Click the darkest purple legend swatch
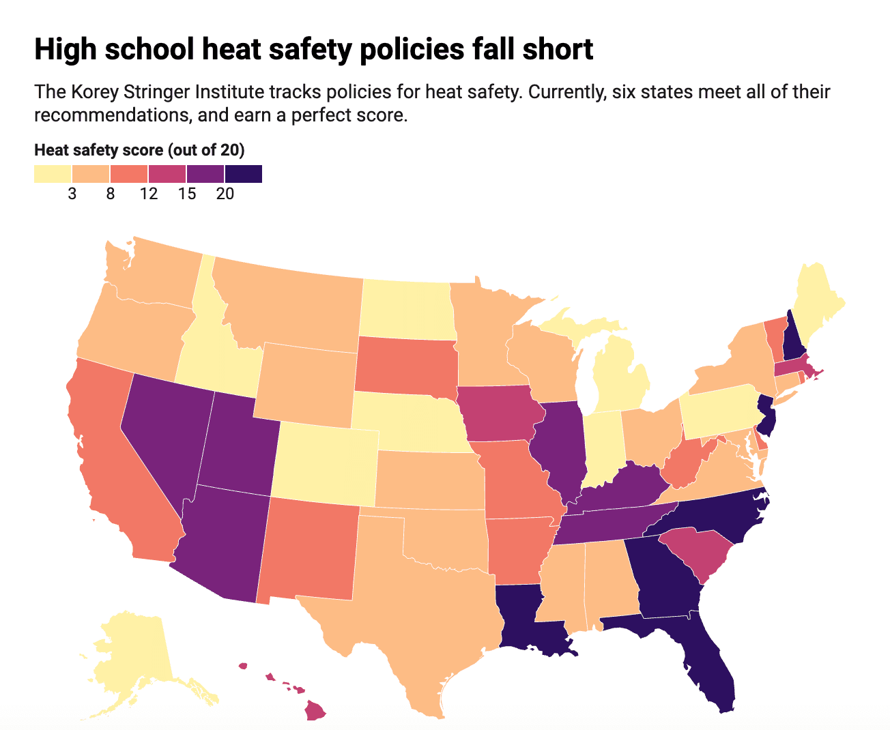tap(244, 174)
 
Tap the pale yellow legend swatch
tap(53, 174)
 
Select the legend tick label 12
tap(149, 194)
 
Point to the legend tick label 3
tap(72, 194)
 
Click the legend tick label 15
tap(187, 194)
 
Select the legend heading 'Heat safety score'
tap(99, 150)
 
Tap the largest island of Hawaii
tap(315, 711)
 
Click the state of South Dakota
tap(405, 365)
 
